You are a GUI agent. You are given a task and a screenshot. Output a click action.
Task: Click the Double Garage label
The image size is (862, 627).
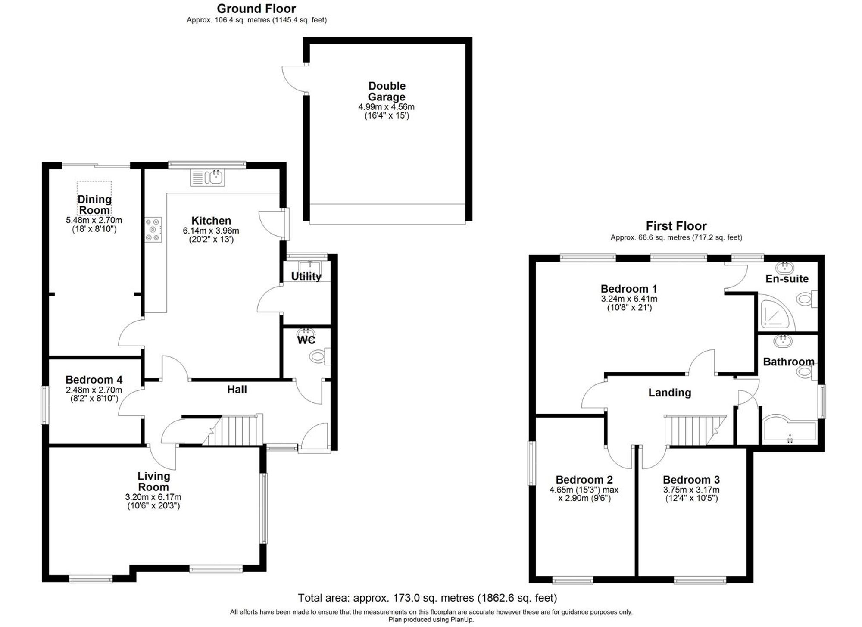tap(387, 91)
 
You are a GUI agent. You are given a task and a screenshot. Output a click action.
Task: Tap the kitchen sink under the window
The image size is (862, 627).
tap(207, 177)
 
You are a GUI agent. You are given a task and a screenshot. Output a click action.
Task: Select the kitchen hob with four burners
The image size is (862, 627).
tap(153, 230)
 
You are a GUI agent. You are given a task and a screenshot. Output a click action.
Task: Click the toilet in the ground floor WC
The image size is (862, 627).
tap(319, 356)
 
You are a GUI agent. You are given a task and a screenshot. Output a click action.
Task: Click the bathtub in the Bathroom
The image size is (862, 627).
tap(789, 429)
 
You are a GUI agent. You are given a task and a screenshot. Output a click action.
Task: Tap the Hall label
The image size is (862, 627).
tap(237, 390)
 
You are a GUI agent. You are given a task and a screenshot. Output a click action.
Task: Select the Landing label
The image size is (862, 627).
tap(669, 393)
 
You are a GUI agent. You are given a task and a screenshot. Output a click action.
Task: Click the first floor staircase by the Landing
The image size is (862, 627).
tap(690, 430)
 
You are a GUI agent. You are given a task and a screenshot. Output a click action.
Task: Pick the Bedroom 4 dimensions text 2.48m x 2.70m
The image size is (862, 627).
tap(94, 390)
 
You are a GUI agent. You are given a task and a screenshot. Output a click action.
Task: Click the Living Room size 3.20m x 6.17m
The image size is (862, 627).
tap(153, 497)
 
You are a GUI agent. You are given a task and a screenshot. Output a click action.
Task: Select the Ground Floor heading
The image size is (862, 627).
tap(256, 9)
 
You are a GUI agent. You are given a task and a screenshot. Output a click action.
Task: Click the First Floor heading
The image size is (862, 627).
tap(676, 226)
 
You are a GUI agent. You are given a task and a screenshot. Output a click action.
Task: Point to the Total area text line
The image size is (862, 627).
tap(427, 598)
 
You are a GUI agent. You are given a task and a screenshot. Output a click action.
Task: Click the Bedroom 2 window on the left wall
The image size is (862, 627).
tap(532, 463)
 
